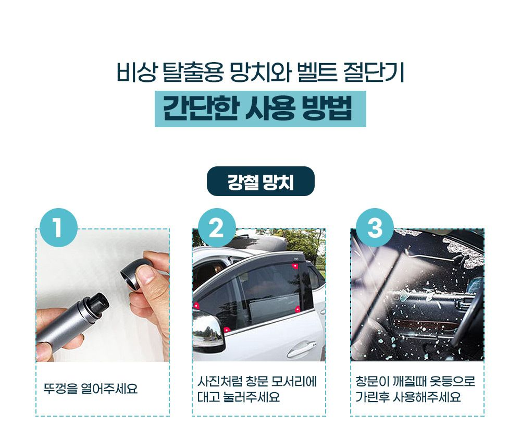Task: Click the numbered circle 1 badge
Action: (x=58, y=228)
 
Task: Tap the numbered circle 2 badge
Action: (x=217, y=228)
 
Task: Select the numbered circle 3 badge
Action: (x=375, y=228)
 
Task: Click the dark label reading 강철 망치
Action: (x=260, y=181)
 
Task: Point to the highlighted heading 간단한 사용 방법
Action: (x=260, y=109)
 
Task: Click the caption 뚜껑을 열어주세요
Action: (x=90, y=389)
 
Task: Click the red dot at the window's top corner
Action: (x=294, y=266)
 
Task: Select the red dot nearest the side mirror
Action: (x=226, y=330)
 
